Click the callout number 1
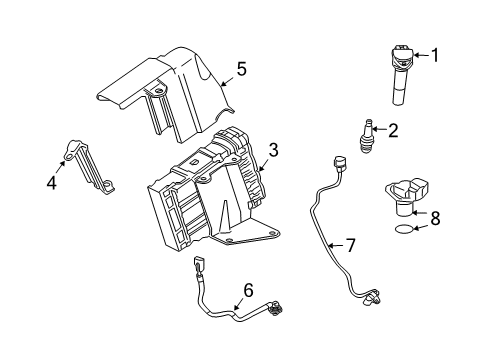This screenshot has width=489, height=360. point(437,55)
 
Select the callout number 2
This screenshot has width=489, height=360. point(393,128)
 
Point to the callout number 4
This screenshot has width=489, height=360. point(52,182)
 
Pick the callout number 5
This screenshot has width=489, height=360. point(240,71)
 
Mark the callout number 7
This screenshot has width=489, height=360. point(350,243)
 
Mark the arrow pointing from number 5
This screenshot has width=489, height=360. point(226,80)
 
